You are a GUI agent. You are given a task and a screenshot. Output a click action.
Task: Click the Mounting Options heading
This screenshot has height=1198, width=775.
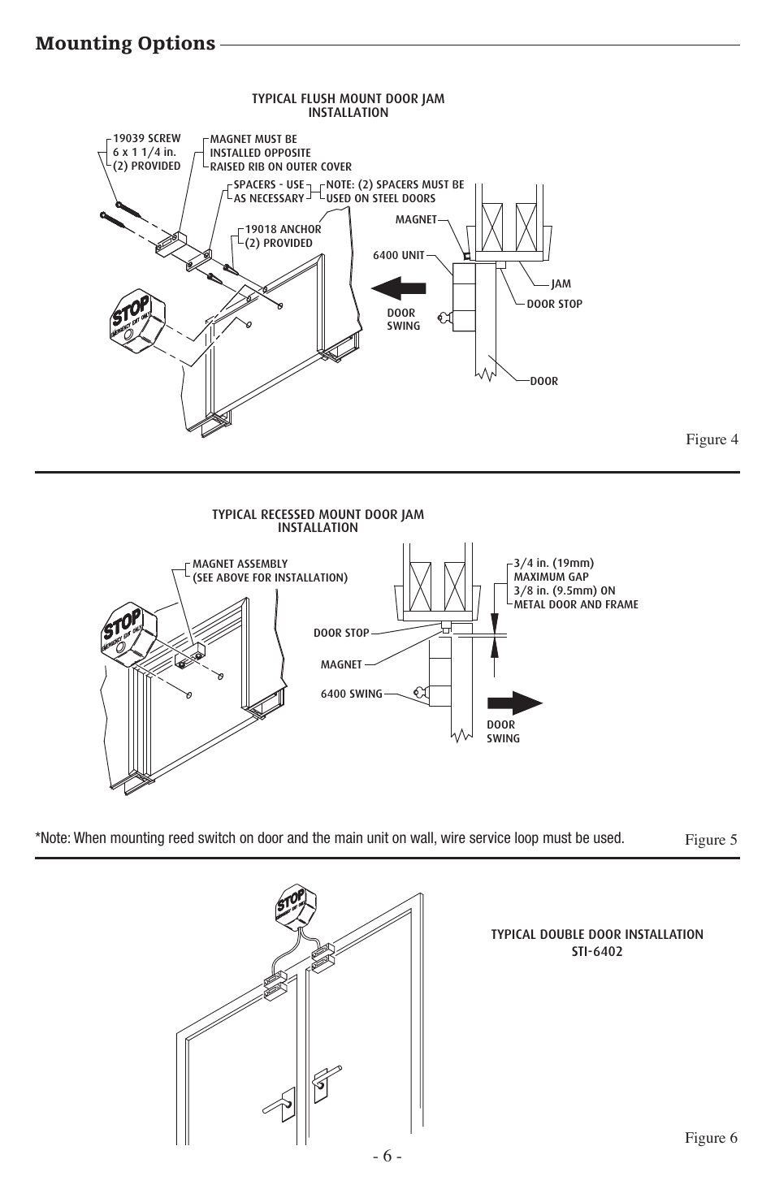coord(125,43)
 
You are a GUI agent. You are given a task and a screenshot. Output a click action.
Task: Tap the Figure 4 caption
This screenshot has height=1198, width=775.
coord(712,439)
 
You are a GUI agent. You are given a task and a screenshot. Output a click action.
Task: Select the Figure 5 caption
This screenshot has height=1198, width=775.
coord(711,839)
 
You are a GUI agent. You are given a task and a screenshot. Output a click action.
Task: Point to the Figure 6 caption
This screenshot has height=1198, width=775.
coord(711,1138)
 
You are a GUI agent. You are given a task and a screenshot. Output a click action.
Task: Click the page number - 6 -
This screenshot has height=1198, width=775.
coord(387,1156)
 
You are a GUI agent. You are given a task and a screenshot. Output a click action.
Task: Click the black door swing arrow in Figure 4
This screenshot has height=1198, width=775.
coord(398,288)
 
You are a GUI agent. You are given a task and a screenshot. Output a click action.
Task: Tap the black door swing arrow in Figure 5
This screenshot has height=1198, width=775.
coord(514,703)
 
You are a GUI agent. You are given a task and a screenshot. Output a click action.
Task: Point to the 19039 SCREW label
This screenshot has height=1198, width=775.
coord(146,139)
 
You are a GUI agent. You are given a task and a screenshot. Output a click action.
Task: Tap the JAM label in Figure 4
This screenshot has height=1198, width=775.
coord(561,284)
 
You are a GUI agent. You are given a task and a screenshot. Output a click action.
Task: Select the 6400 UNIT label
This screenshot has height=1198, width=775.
coord(398,255)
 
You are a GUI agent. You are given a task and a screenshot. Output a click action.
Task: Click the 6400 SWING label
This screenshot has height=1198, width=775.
coord(351,694)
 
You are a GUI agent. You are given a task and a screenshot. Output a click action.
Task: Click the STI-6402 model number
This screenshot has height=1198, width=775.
coord(596,951)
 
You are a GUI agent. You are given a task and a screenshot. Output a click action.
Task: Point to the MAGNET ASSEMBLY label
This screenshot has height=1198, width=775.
coord(240,564)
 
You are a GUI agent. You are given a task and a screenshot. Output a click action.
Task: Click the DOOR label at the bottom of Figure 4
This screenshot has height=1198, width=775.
coord(543,381)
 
